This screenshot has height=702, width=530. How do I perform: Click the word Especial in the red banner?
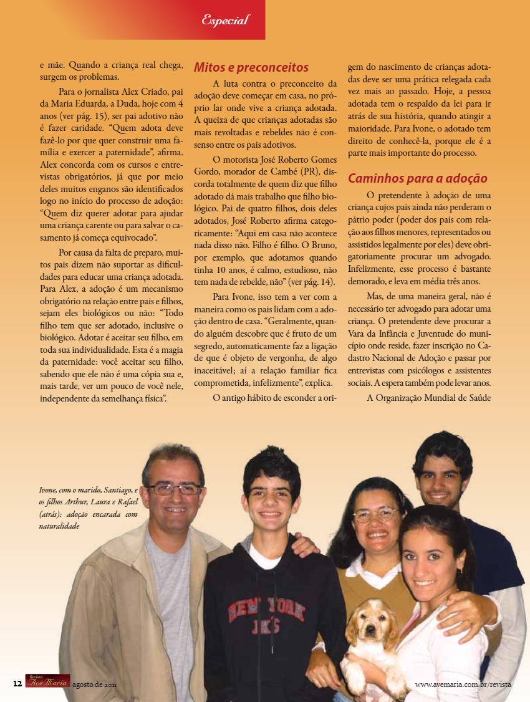(225, 20)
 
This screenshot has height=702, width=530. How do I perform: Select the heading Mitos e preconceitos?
(251, 67)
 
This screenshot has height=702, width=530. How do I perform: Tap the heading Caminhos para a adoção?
(417, 178)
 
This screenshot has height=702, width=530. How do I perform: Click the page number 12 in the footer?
(17, 683)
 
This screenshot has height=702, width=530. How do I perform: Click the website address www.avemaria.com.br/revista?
(463, 684)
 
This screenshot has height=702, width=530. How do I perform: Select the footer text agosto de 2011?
(95, 684)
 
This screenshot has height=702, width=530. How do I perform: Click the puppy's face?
(373, 626)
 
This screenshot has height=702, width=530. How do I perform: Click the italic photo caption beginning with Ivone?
(87, 508)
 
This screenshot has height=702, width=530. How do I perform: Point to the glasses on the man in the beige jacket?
(175, 489)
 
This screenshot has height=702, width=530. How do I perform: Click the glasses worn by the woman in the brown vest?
(375, 515)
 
